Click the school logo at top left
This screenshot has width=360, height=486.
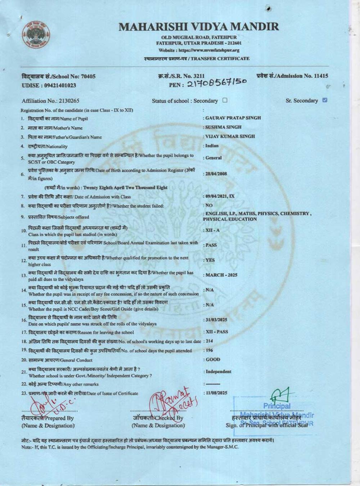[x=36, y=36]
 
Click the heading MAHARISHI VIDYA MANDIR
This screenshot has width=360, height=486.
[x=199, y=27]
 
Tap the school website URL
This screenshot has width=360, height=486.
[x=199, y=50]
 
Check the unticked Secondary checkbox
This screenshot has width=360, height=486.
[x=225, y=100]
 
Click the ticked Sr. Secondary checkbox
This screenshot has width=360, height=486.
[x=325, y=100]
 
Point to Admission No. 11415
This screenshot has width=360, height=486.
[x=292, y=76]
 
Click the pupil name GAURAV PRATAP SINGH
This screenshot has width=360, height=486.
[x=233, y=118]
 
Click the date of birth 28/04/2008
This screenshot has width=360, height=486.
[x=216, y=174]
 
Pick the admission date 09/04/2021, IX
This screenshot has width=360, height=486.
[x=220, y=196]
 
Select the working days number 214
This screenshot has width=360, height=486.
[x=209, y=341]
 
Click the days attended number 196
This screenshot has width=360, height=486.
[x=209, y=350]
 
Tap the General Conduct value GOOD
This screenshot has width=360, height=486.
[x=213, y=360]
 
